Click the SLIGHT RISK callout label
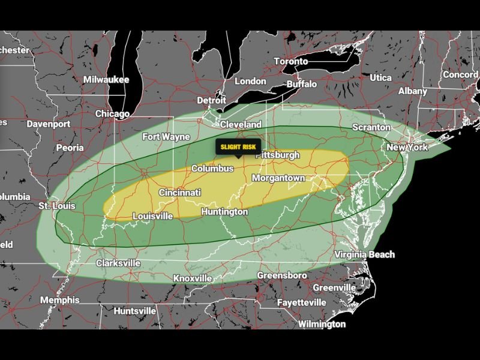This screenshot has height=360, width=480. coord(238,147)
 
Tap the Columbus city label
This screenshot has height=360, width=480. coord(212,169)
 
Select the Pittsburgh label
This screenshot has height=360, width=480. coord(277,155)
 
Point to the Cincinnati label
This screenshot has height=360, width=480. coord(180,193)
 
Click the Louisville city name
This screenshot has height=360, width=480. coord(152,216)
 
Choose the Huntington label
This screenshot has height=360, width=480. coord(224,212)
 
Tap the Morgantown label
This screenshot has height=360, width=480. coord(278,178)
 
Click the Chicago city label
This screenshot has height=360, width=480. coord(112,113)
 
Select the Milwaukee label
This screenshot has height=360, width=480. coord(106,79)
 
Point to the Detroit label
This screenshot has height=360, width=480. coord(211,100)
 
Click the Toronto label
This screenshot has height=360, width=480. coord(290,61)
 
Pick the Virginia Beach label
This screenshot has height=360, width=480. coord(365,254)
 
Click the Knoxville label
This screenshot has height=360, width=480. coord(192,278)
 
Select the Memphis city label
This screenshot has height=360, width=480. coord(59,300)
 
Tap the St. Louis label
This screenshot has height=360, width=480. coord(58,206)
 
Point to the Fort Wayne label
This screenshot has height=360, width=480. coord(166,137)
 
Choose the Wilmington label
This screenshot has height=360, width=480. coord(322,324)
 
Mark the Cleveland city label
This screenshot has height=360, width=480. coord(241,124)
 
